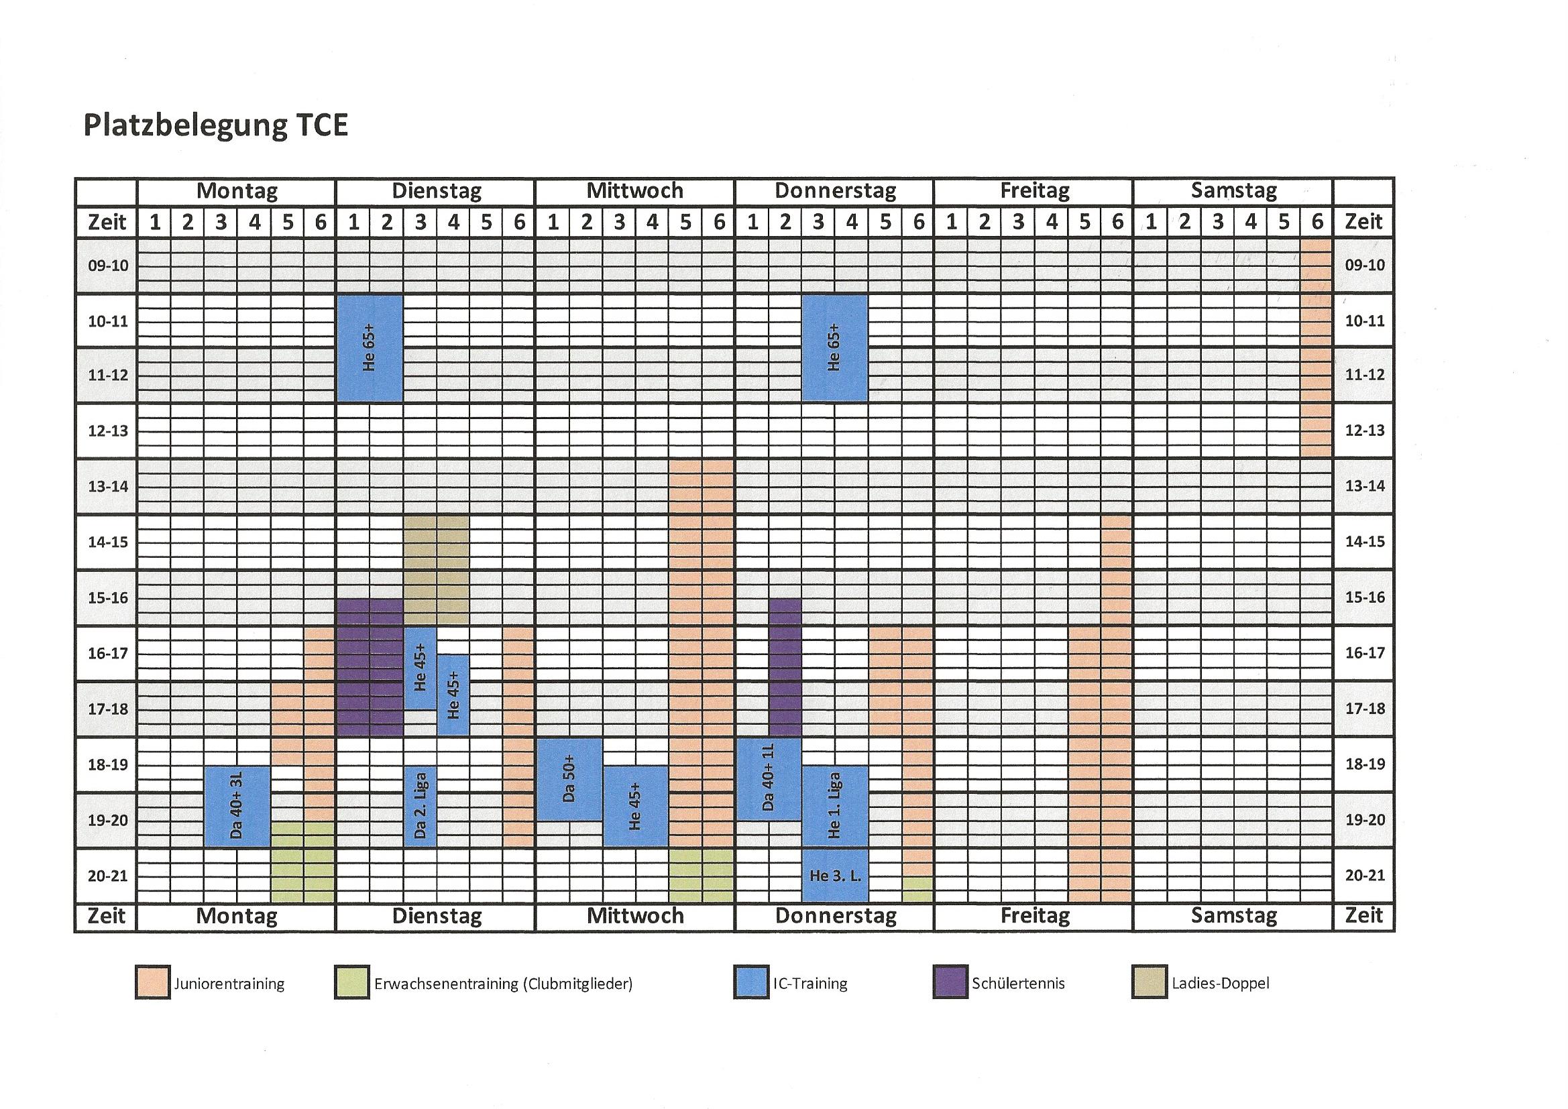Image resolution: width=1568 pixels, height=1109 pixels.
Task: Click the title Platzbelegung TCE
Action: pos(215,125)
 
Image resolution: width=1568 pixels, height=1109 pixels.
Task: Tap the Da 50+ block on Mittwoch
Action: pos(569,779)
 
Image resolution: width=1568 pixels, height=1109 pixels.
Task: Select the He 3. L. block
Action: pos(834,876)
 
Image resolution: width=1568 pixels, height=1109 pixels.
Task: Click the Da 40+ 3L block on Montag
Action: pos(237,807)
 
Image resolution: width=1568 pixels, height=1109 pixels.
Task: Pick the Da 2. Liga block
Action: pos(420,807)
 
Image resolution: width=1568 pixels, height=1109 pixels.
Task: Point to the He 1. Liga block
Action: pos(834,807)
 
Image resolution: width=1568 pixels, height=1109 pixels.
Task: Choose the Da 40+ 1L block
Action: pos(769,779)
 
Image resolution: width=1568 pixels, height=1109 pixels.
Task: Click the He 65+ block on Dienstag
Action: pos(370,348)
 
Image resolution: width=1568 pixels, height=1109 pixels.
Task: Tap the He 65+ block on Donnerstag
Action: pos(834,348)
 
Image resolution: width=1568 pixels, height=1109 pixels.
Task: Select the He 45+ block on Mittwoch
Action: pos(635,807)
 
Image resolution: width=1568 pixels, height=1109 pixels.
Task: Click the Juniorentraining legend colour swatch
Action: pos(152,983)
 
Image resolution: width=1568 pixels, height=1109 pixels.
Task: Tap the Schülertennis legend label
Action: pos(1018,984)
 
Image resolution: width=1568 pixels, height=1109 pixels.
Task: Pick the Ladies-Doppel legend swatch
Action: pos(1149,983)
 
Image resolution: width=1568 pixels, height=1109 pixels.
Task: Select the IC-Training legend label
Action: pos(810,984)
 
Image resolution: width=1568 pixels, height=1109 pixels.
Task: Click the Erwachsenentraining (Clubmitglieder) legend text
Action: pos(503,984)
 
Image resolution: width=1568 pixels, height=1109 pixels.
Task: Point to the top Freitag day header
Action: pos(1034,191)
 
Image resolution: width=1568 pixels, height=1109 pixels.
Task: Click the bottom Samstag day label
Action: pos(1233,916)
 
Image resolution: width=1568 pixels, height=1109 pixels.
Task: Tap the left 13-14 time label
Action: pos(108,486)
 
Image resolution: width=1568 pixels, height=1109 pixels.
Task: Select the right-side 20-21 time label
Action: pos(1365,876)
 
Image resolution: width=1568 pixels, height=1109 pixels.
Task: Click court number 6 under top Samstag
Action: pos(1317,222)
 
